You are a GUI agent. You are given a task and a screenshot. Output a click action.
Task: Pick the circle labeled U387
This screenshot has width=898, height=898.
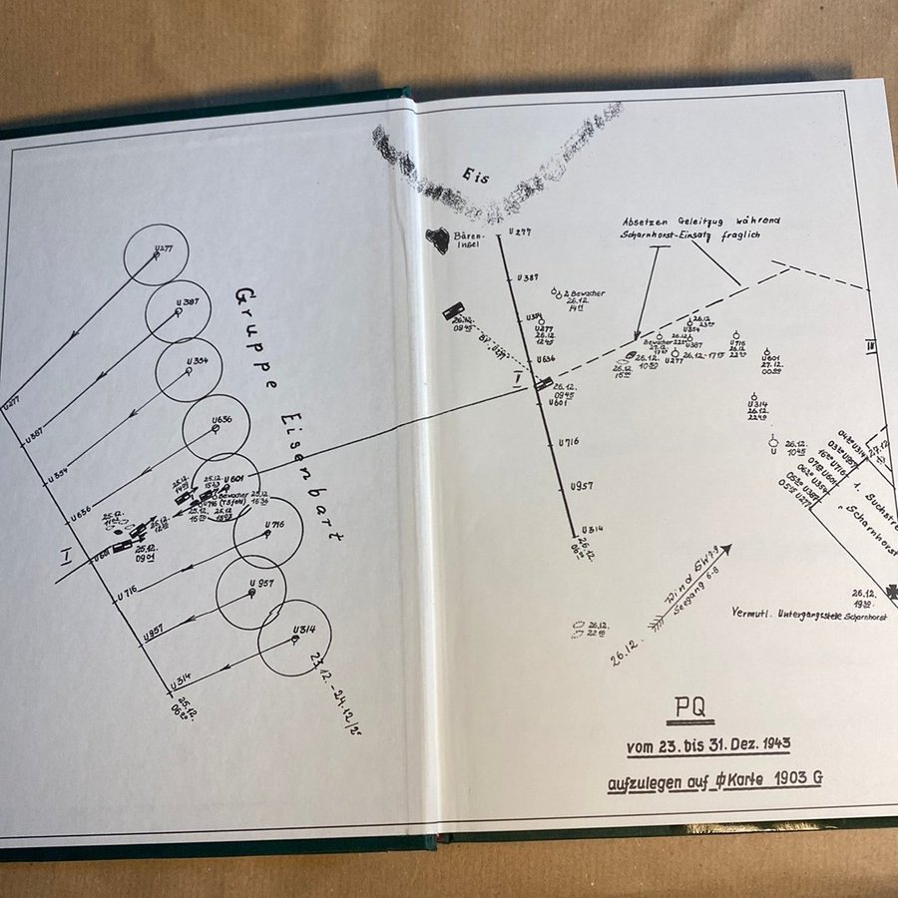(178, 312)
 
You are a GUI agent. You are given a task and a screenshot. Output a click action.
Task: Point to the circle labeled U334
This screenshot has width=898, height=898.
(189, 370)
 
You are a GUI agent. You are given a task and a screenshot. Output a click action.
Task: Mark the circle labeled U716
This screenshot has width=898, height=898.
(268, 533)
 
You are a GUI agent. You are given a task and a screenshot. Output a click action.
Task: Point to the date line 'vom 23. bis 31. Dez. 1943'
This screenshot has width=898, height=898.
(708, 745)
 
